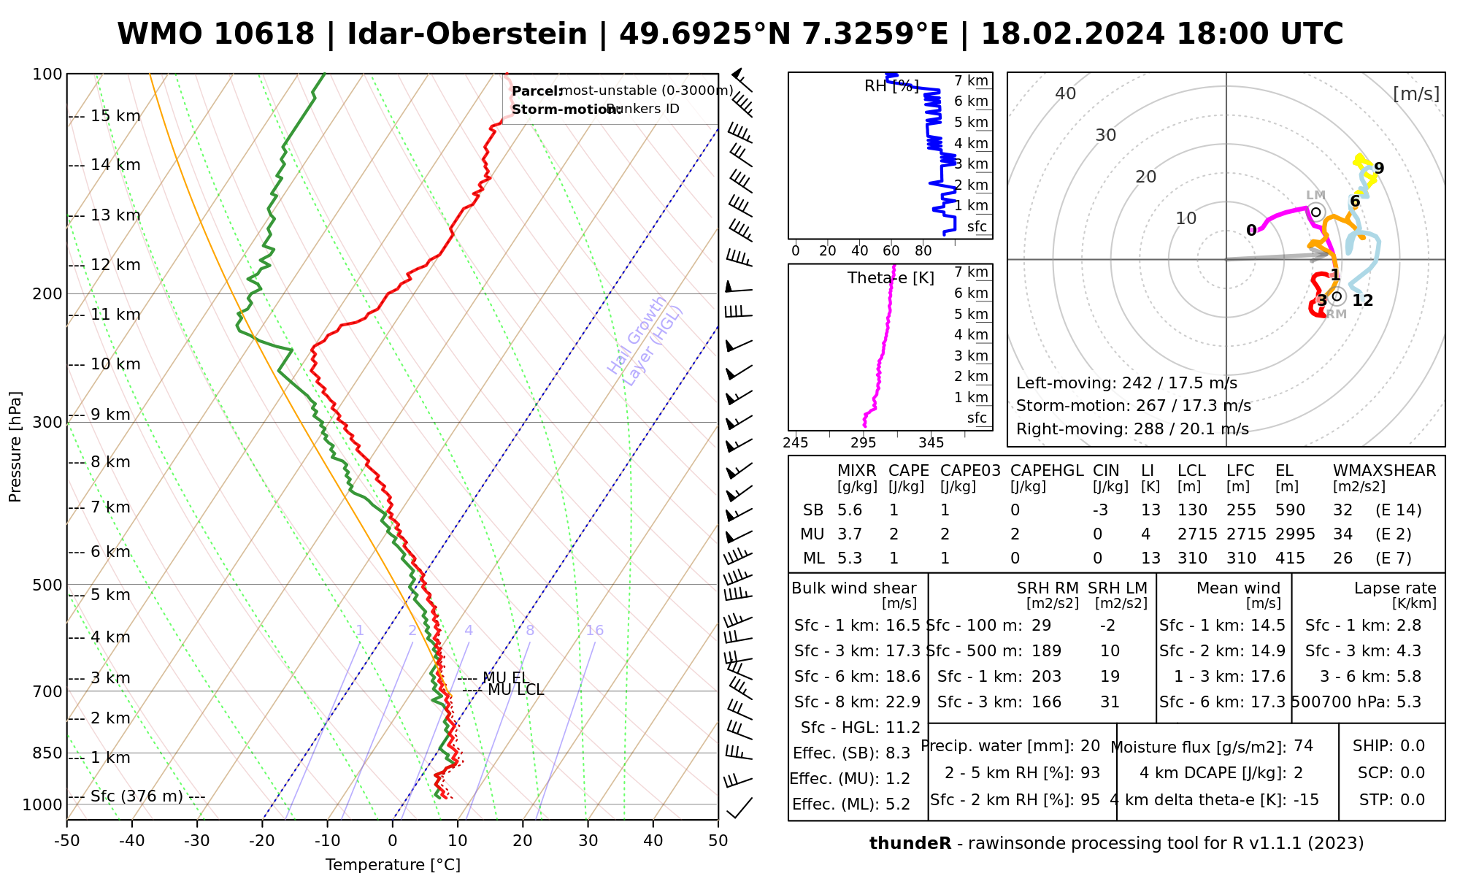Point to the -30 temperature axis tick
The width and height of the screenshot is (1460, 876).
pos(197,841)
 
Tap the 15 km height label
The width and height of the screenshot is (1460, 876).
pos(115,116)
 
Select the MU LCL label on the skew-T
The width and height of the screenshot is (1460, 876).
pos(515,690)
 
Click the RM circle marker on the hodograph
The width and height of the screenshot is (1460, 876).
pos(1337,296)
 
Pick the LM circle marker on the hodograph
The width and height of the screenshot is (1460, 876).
pos(1316,212)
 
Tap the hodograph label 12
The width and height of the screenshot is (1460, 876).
pos(1362,301)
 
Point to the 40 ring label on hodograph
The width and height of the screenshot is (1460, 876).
pos(1066,93)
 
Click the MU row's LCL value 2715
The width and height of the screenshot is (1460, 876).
pos(1197,534)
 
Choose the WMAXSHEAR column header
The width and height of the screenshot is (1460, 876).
pos(1384,471)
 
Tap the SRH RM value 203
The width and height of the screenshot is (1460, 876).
pos(1047,677)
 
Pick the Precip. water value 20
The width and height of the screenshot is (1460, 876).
pos(1090,746)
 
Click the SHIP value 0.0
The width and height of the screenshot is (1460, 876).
pos(1413,746)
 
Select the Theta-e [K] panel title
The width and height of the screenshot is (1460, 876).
pos(891,278)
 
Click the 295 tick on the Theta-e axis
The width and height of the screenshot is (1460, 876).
pos(864,443)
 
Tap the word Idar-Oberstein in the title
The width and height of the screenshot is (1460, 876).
pos(467,34)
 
